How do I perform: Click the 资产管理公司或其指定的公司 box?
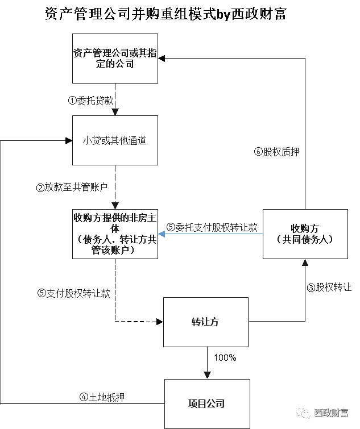pyautogui.click(x=115, y=58)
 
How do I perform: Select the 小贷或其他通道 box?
pyautogui.click(x=115, y=140)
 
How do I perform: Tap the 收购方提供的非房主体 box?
pyautogui.click(x=115, y=234)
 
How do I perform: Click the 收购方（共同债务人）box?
pyautogui.click(x=305, y=234)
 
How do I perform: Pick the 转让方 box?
pyautogui.click(x=206, y=322)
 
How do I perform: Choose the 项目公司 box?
pyautogui.click(x=207, y=403)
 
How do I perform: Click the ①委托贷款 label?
pyautogui.click(x=90, y=101)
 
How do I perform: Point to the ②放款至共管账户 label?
pyautogui.click(x=72, y=188)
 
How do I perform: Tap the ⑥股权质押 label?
pyautogui.click(x=276, y=152)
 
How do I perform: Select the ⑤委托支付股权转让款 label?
pyautogui.click(x=212, y=227)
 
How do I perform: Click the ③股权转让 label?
pyautogui.click(x=329, y=288)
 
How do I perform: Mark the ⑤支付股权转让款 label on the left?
pyautogui.click(x=73, y=294)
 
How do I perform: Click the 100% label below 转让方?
pyautogui.click(x=225, y=358)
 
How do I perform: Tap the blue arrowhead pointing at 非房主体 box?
pyautogui.click(x=162, y=232)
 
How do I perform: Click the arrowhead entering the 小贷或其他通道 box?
pyautogui.click(x=115, y=112)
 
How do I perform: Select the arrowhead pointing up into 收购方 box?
pyautogui.click(x=305, y=263)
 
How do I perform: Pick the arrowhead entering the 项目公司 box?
pyautogui.click(x=207, y=376)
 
